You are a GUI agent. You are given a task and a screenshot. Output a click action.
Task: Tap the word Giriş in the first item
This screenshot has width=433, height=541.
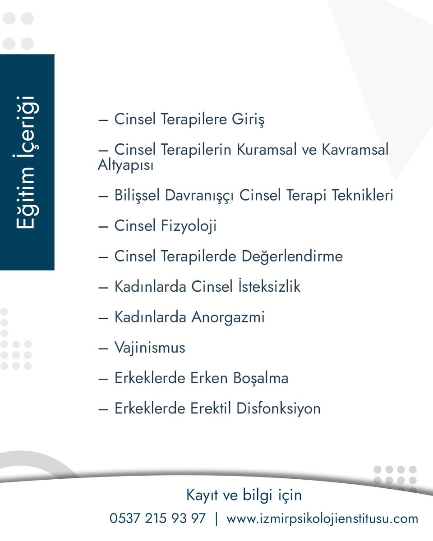[248, 119]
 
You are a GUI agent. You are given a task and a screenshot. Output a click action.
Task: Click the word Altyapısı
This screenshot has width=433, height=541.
[125, 165]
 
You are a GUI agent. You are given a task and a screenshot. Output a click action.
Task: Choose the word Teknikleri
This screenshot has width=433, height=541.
[363, 196]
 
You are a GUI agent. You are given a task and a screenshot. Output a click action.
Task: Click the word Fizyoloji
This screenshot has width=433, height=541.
[189, 225]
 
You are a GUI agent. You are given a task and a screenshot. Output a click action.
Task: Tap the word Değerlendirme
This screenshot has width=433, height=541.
[292, 256]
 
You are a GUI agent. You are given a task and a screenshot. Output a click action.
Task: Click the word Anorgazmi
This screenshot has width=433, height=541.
[228, 317]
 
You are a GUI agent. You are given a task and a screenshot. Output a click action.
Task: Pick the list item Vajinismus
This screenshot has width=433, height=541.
[149, 348]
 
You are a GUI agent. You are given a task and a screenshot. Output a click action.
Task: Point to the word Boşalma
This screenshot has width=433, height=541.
[261, 378]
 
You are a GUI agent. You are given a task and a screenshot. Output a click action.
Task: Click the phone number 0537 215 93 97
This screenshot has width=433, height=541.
[157, 518]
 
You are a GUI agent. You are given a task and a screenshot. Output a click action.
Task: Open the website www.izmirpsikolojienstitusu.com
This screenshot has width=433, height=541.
[322, 518]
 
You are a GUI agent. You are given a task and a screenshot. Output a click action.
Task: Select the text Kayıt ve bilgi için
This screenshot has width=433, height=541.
[244, 495]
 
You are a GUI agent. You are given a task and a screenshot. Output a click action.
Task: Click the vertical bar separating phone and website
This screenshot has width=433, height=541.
[216, 518]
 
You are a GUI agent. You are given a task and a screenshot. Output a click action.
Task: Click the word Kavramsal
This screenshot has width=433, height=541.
[355, 149]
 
